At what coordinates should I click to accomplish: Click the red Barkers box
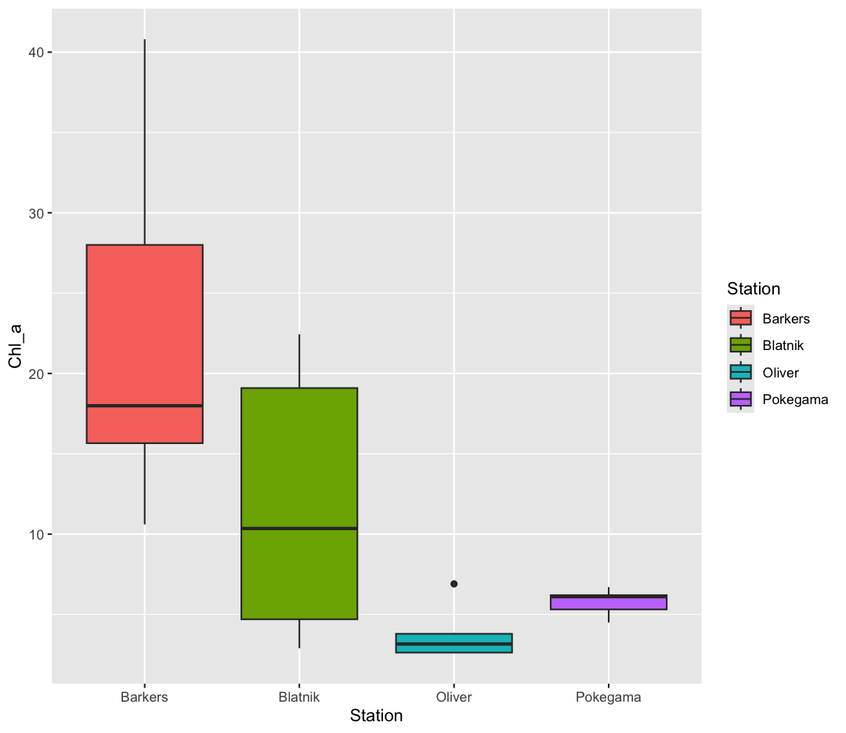144,329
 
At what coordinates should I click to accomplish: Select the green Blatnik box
299,470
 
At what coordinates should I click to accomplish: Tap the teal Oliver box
454,643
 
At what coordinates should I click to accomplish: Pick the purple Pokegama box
609,602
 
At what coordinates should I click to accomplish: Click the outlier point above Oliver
454,584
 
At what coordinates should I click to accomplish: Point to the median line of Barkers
144,406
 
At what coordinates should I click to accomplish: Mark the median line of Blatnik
299,529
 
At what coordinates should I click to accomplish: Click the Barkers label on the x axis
144,697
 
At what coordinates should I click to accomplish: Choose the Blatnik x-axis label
299,697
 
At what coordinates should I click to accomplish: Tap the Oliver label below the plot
454,697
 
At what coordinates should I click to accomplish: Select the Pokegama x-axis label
609,697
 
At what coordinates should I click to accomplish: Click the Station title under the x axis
376,716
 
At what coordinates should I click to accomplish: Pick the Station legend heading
753,289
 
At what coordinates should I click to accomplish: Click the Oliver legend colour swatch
740,373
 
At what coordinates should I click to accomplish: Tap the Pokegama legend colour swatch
740,399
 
